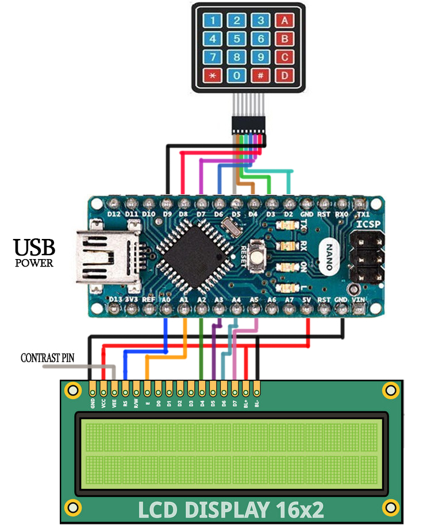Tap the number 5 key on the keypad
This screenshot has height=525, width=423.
[x=236, y=39]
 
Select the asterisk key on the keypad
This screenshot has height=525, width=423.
[x=212, y=75]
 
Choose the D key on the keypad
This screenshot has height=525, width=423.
[x=284, y=75]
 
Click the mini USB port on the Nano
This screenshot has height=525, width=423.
[x=109, y=259]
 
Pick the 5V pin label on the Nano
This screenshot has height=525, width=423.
[x=306, y=299]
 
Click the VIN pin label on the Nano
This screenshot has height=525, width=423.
[x=359, y=299]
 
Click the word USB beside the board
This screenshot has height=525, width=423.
[x=34, y=248]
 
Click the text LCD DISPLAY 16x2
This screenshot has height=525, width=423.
[x=231, y=509]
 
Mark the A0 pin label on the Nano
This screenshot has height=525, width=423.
[x=166, y=299]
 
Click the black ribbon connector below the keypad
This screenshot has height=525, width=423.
[x=248, y=125]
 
